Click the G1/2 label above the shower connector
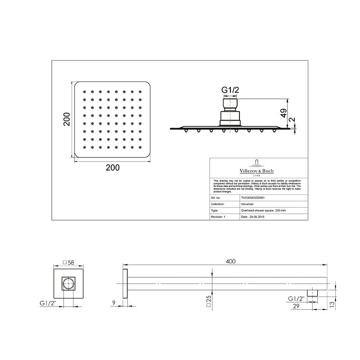(x=230, y=90)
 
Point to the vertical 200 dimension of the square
(x=67, y=119)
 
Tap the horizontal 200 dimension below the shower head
(x=112, y=167)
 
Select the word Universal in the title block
(x=249, y=203)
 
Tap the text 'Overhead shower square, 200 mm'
(x=264, y=210)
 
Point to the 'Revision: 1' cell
(x=218, y=216)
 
